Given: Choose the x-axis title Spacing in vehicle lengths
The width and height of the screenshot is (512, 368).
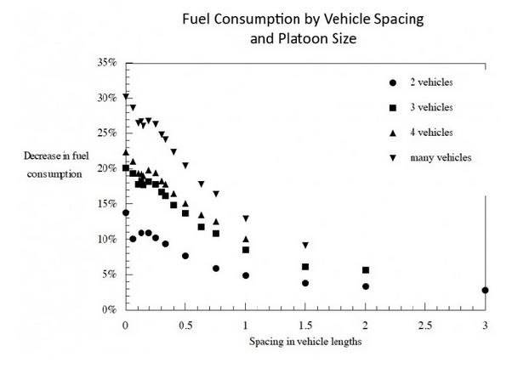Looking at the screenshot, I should tap(304, 343).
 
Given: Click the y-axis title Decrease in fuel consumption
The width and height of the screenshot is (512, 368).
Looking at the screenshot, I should tap(54, 166).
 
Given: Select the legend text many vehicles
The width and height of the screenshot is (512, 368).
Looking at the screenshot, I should tap(441, 157).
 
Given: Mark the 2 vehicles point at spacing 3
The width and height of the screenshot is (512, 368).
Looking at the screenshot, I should tap(485, 290).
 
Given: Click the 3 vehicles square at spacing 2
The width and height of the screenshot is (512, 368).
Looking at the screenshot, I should tap(366, 270).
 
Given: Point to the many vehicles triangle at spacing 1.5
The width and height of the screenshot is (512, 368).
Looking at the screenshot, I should tap(305, 246).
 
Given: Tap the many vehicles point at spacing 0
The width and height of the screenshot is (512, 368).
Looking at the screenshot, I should tap(126, 97).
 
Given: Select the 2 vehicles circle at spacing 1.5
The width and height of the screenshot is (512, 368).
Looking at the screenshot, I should tap(305, 283).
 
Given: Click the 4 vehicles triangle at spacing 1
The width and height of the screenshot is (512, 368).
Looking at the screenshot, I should tap(246, 240).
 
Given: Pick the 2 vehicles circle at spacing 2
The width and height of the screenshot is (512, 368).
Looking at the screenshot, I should tap(366, 286).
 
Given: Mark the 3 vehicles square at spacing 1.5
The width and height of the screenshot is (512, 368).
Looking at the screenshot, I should tap(305, 267).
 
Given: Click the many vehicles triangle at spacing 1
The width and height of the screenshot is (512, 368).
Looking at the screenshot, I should tap(246, 219).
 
